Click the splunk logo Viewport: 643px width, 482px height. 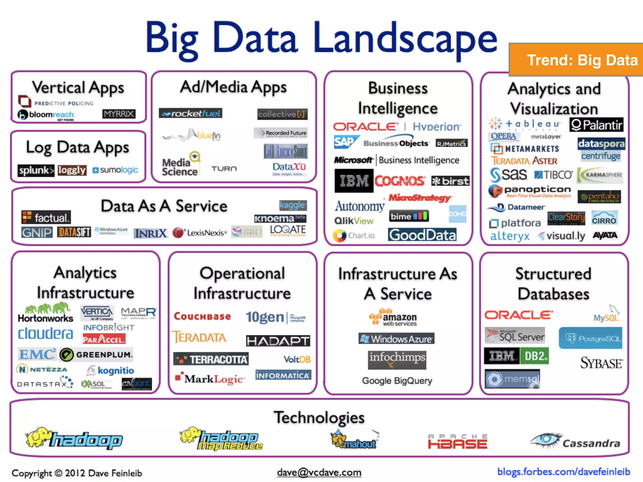coord(36,170)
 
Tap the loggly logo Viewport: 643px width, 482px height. coord(72,170)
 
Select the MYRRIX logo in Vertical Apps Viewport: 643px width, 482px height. coord(119,114)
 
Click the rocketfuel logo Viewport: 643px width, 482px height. coord(191,113)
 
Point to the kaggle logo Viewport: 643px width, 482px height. coord(293,205)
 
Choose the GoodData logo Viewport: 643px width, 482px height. coord(422,235)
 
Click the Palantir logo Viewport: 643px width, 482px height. coord(596,125)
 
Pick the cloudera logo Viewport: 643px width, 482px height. coord(46,334)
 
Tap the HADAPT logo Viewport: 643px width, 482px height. coord(278,341)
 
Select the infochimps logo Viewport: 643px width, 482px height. coord(397,359)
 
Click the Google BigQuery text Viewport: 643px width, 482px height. coord(397,381)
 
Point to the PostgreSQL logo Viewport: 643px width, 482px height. coord(590,338)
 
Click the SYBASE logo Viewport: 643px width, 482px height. coord(601,363)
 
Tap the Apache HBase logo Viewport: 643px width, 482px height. coord(458,442)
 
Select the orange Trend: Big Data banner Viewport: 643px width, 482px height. coord(576,60)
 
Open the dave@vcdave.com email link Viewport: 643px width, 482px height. coord(319,472)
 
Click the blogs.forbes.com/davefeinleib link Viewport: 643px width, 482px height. coord(564,472)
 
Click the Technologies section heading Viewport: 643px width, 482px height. coord(319,417)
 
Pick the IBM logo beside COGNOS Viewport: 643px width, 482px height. coord(354,181)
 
